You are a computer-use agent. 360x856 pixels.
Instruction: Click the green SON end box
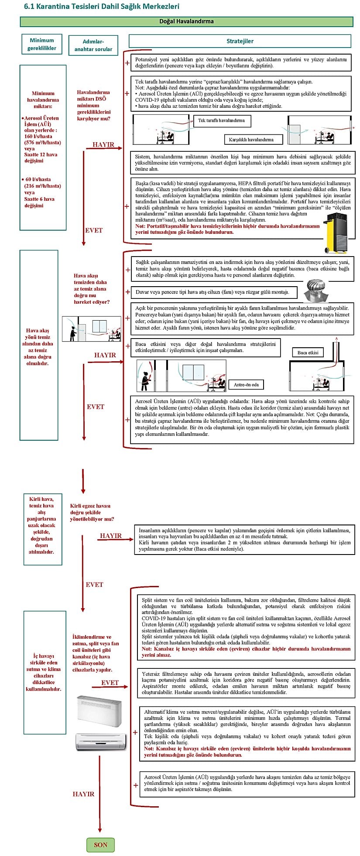coord(100,845)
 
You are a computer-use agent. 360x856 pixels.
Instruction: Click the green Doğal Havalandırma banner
coord(186,21)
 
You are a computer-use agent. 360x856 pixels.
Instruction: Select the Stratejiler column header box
coord(240,41)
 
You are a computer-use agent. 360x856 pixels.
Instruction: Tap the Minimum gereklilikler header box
coord(41,44)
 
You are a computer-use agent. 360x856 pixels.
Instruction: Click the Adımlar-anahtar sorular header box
coord(93,45)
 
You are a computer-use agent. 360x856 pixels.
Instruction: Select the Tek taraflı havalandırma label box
coord(221,120)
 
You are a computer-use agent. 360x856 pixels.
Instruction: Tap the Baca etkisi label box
coord(308,352)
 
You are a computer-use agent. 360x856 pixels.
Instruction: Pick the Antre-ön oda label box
coord(246,384)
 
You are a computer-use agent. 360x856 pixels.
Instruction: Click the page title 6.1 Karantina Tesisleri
coord(102,6)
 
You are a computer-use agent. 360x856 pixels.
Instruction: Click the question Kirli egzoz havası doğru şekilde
coord(92,512)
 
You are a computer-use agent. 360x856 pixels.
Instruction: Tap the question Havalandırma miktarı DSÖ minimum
coord(93,105)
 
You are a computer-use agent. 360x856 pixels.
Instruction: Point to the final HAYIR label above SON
coord(83,794)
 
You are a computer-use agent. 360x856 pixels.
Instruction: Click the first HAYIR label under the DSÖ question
coord(103,144)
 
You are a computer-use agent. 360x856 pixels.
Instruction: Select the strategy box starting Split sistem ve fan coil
coord(246,627)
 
